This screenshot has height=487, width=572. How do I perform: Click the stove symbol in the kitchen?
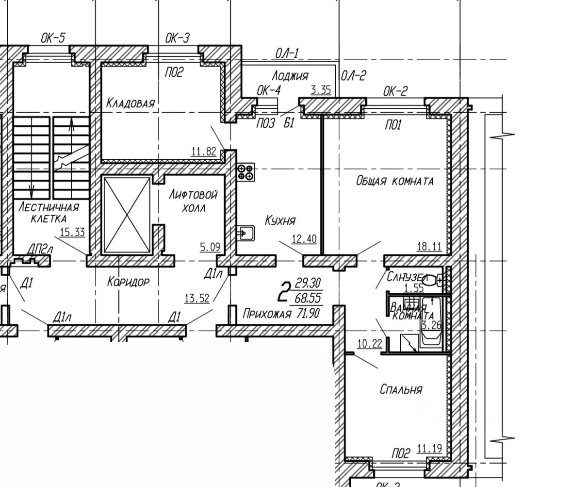coord(245,172)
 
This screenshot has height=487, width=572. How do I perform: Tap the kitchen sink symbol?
coord(245,234)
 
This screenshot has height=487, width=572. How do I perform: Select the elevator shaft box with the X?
coord(127,215)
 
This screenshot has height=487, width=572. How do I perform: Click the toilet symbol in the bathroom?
coord(434,280)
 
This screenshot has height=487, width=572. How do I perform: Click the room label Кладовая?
coord(130,103)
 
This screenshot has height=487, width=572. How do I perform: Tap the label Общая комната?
coord(394,181)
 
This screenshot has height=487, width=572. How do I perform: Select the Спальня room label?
coord(401,389)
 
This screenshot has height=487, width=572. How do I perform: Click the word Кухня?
coord(280,220)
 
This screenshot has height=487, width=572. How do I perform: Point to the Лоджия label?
coord(290,75)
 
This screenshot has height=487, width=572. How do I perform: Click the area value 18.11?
coord(429,247)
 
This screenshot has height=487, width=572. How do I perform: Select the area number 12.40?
coord(304,239)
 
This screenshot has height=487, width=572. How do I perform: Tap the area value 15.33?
coord(72,232)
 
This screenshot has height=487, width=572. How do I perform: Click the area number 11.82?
coord(204,151)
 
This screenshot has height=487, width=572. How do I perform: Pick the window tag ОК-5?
coord(53,38)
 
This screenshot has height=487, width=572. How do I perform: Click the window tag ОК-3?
coord(178,38)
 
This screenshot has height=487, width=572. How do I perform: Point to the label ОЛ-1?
coord(287,53)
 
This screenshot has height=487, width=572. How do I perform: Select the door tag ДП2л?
coord(39,250)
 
